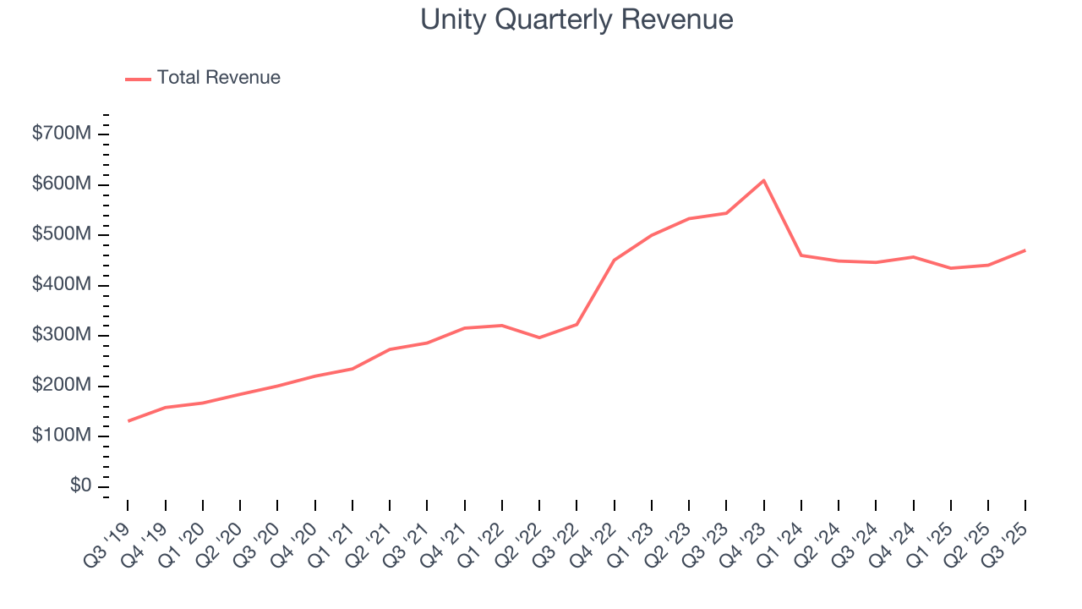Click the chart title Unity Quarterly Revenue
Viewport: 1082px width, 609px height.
coord(577,19)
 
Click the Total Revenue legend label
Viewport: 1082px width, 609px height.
coord(218,78)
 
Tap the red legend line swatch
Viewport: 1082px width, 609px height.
coord(139,79)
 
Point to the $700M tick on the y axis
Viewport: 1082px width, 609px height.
coord(61,134)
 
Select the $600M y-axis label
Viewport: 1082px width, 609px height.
coord(61,184)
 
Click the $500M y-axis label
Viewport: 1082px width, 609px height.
coord(61,235)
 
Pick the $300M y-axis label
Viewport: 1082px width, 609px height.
coord(61,336)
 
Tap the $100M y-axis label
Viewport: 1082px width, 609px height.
coord(61,436)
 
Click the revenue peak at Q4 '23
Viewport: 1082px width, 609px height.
coord(763,180)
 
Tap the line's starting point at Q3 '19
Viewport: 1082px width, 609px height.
coord(128,421)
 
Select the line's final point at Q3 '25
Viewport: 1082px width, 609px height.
coord(1025,250)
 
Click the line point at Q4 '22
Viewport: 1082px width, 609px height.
coord(614,260)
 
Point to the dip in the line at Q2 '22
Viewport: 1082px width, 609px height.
coord(539,337)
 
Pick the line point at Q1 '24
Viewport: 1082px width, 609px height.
coord(801,255)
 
